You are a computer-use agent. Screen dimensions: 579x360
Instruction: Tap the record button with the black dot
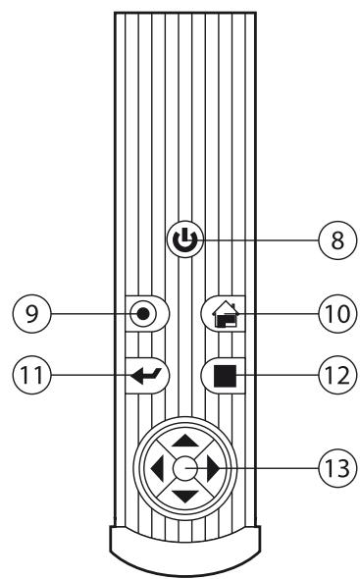[145, 314]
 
